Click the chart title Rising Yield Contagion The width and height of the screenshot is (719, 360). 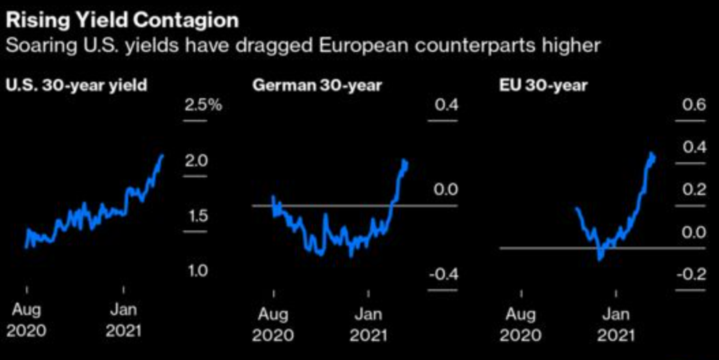[x=122, y=19]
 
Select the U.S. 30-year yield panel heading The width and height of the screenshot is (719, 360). [x=77, y=86]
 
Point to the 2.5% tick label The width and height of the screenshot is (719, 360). [x=204, y=106]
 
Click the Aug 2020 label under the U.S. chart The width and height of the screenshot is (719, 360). [x=27, y=320]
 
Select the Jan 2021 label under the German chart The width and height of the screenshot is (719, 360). [x=369, y=325]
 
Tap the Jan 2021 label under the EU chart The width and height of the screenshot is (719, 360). [x=616, y=325]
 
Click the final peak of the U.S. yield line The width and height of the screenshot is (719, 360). [x=162, y=155]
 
